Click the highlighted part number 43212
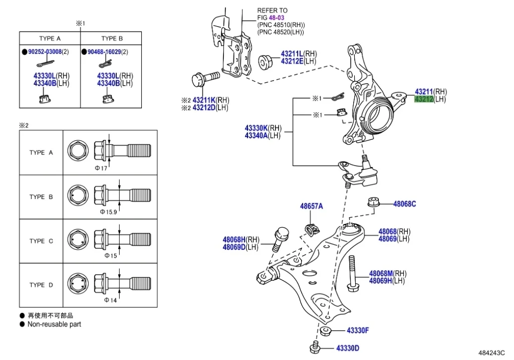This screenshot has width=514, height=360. [423, 99]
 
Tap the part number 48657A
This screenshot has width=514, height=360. [312, 206]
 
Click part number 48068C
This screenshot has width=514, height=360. [404, 204]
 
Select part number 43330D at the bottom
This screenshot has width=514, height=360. [348, 348]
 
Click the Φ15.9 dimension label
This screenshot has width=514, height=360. [108, 212]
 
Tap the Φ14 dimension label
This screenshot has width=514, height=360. [110, 300]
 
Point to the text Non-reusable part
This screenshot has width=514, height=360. [54, 324]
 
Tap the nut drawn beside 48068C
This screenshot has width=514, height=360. [372, 202]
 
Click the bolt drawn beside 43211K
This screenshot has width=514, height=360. [204, 79]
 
